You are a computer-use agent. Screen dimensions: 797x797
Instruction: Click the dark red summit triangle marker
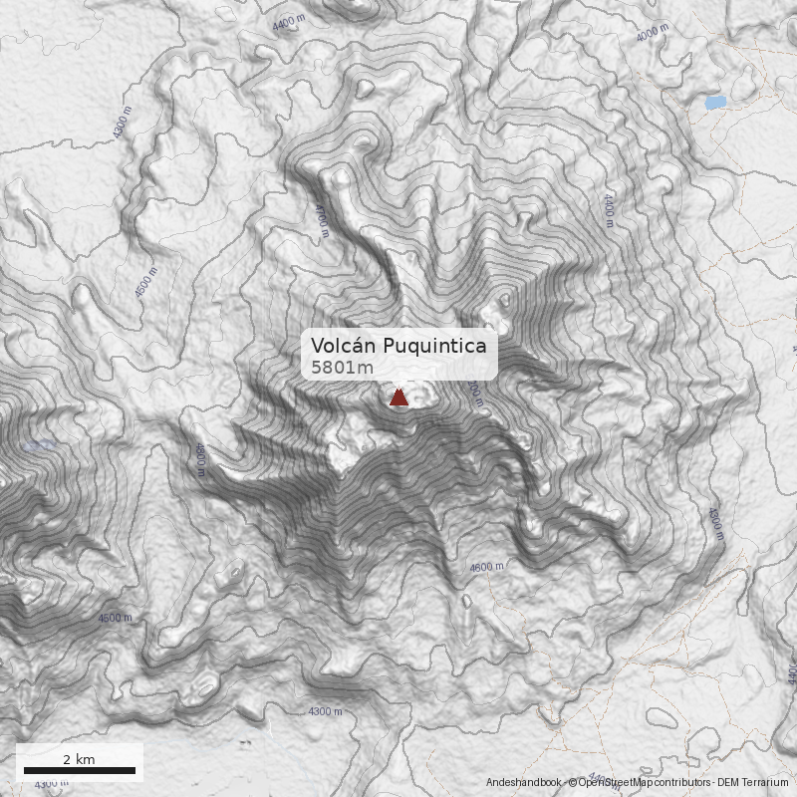pyautogui.click(x=398, y=398)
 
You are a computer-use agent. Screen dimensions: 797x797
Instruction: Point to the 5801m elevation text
pyautogui.click(x=342, y=368)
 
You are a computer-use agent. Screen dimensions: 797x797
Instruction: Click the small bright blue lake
pyautogui.click(x=714, y=102)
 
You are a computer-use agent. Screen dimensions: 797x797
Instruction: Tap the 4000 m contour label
pyautogui.click(x=652, y=31)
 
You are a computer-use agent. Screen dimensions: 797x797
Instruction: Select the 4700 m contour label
pyautogui.click(x=321, y=221)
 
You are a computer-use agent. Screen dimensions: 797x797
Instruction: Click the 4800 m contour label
pyautogui.click(x=200, y=459)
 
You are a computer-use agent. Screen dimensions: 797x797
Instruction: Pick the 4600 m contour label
pyautogui.click(x=487, y=567)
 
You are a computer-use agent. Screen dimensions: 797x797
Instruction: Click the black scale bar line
pyautogui.click(x=79, y=770)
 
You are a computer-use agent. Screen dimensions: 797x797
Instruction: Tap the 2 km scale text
pyautogui.click(x=79, y=759)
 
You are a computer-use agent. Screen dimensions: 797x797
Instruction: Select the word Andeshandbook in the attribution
pyautogui.click(x=523, y=783)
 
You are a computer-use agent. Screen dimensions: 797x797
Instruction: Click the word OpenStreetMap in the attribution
pyautogui.click(x=610, y=783)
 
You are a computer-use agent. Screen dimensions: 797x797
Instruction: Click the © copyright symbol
pyautogui.click(x=572, y=783)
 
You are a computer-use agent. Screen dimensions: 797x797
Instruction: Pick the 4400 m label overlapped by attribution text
pyautogui.click(x=595, y=776)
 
